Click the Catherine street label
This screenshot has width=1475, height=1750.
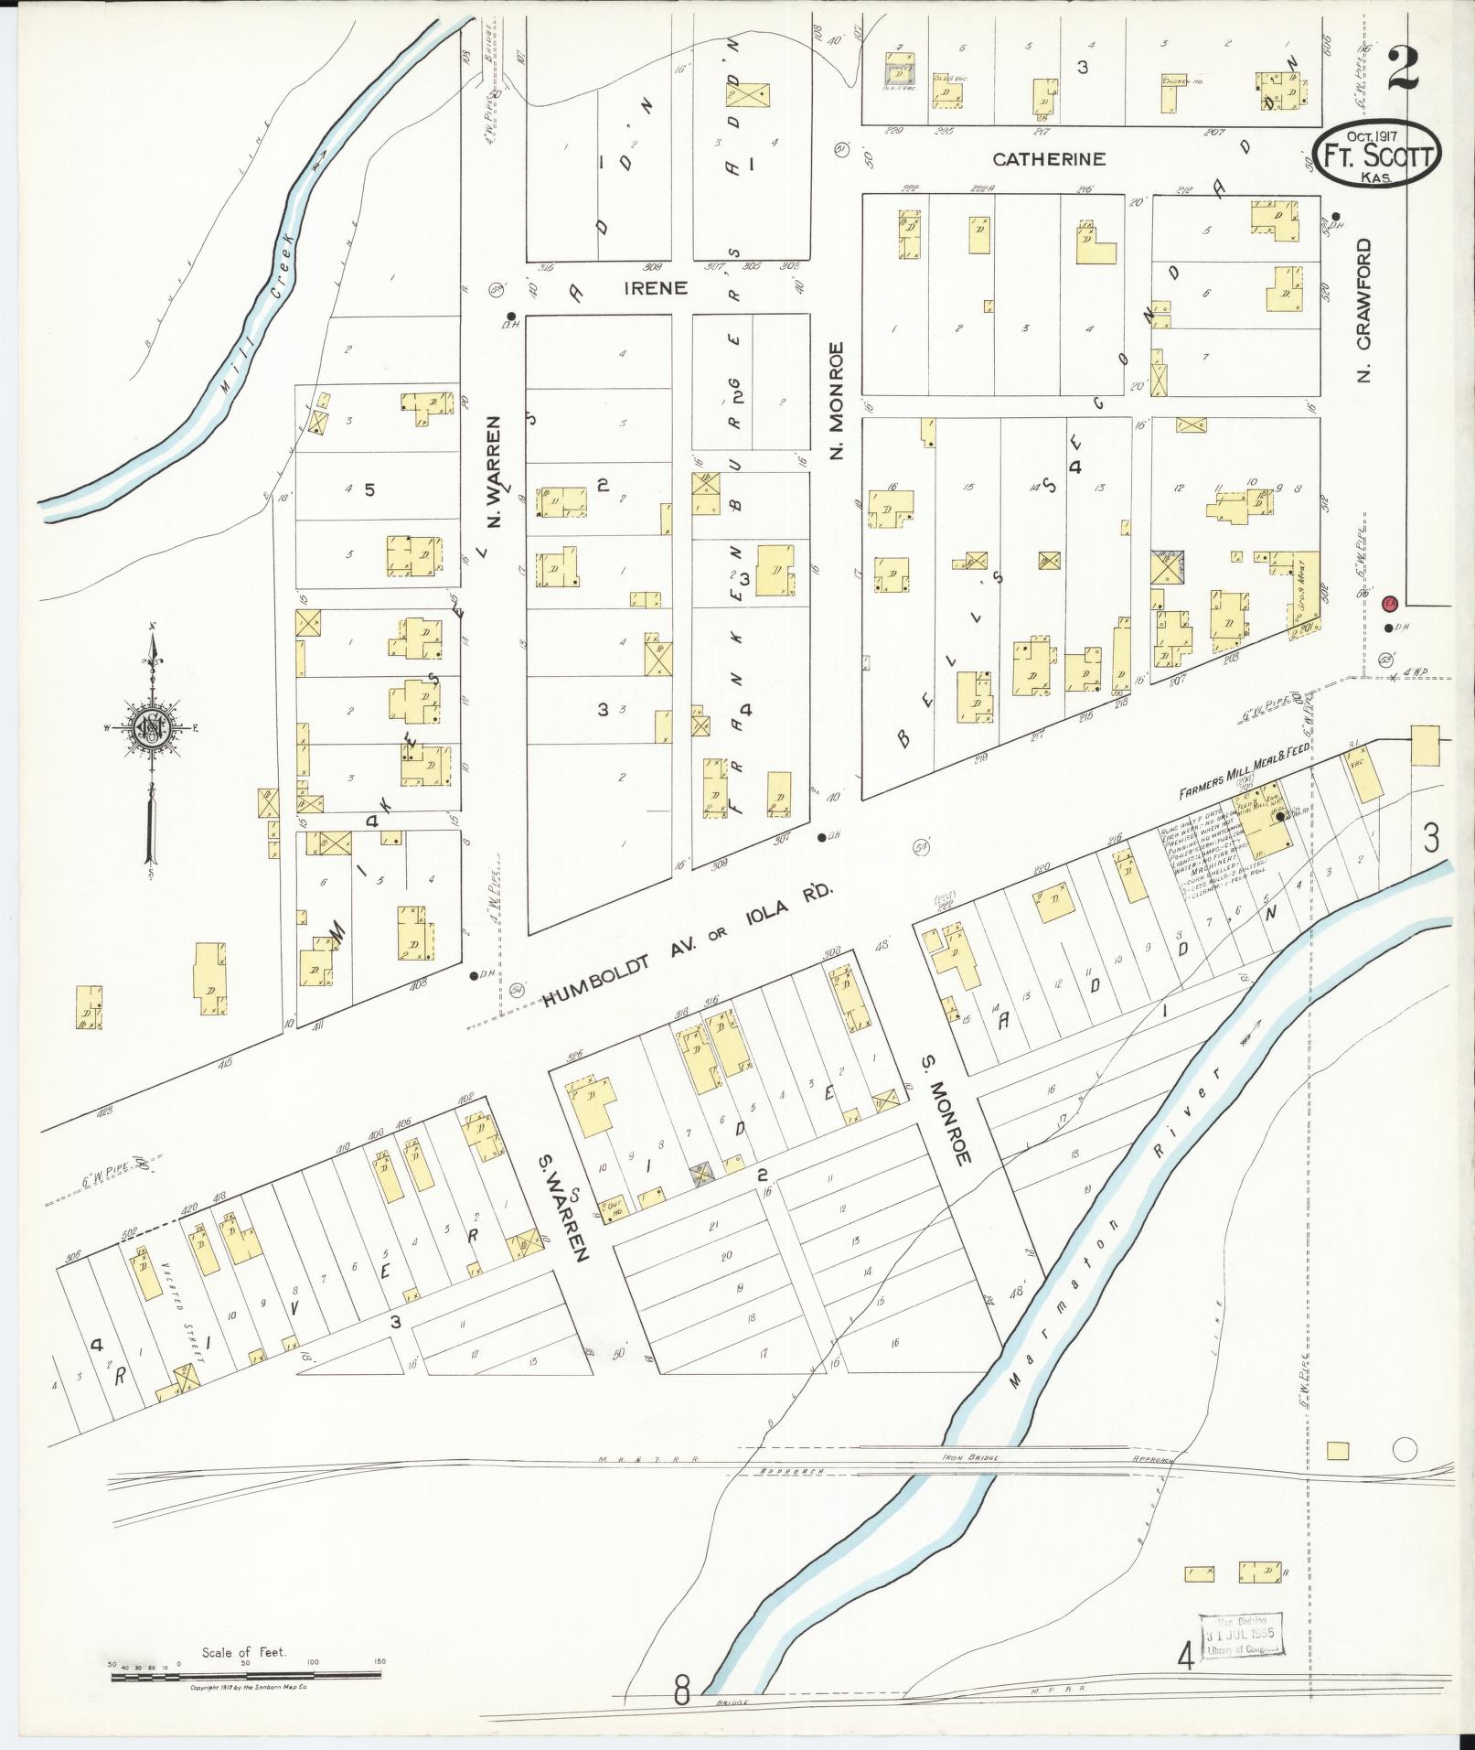coord(1049,159)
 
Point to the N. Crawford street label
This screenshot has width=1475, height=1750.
coord(1366,311)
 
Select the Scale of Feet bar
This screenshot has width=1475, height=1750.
coord(247,1677)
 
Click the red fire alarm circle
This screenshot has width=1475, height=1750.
coord(1389,603)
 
